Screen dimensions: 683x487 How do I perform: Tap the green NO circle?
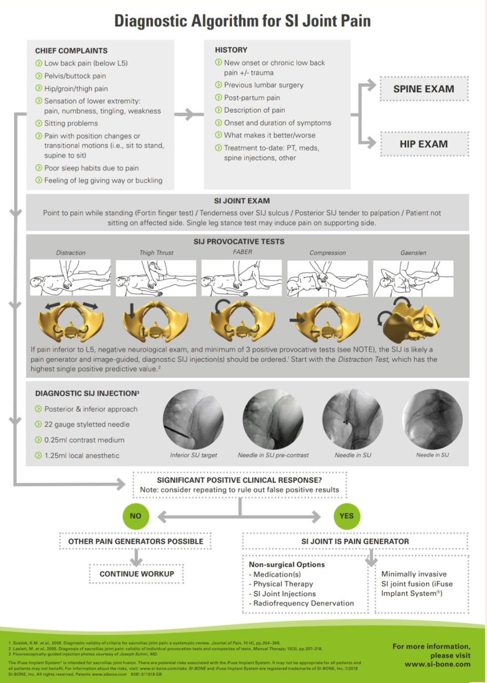pos(135,516)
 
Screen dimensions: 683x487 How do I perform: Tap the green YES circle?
pos(346,516)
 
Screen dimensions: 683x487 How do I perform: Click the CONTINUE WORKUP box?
pos(137,574)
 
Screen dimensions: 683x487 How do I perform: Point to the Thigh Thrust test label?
pos(156,253)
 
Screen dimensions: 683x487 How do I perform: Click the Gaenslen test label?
pos(414,253)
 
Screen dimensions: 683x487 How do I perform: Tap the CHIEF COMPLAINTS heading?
pos(71,51)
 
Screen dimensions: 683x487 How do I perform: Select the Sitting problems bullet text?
pos(71,124)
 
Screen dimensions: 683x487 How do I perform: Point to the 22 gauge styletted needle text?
pos(87,424)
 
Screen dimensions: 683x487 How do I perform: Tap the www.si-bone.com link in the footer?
pos(437,664)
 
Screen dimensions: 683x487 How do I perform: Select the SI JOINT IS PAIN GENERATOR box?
pos(355,541)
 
